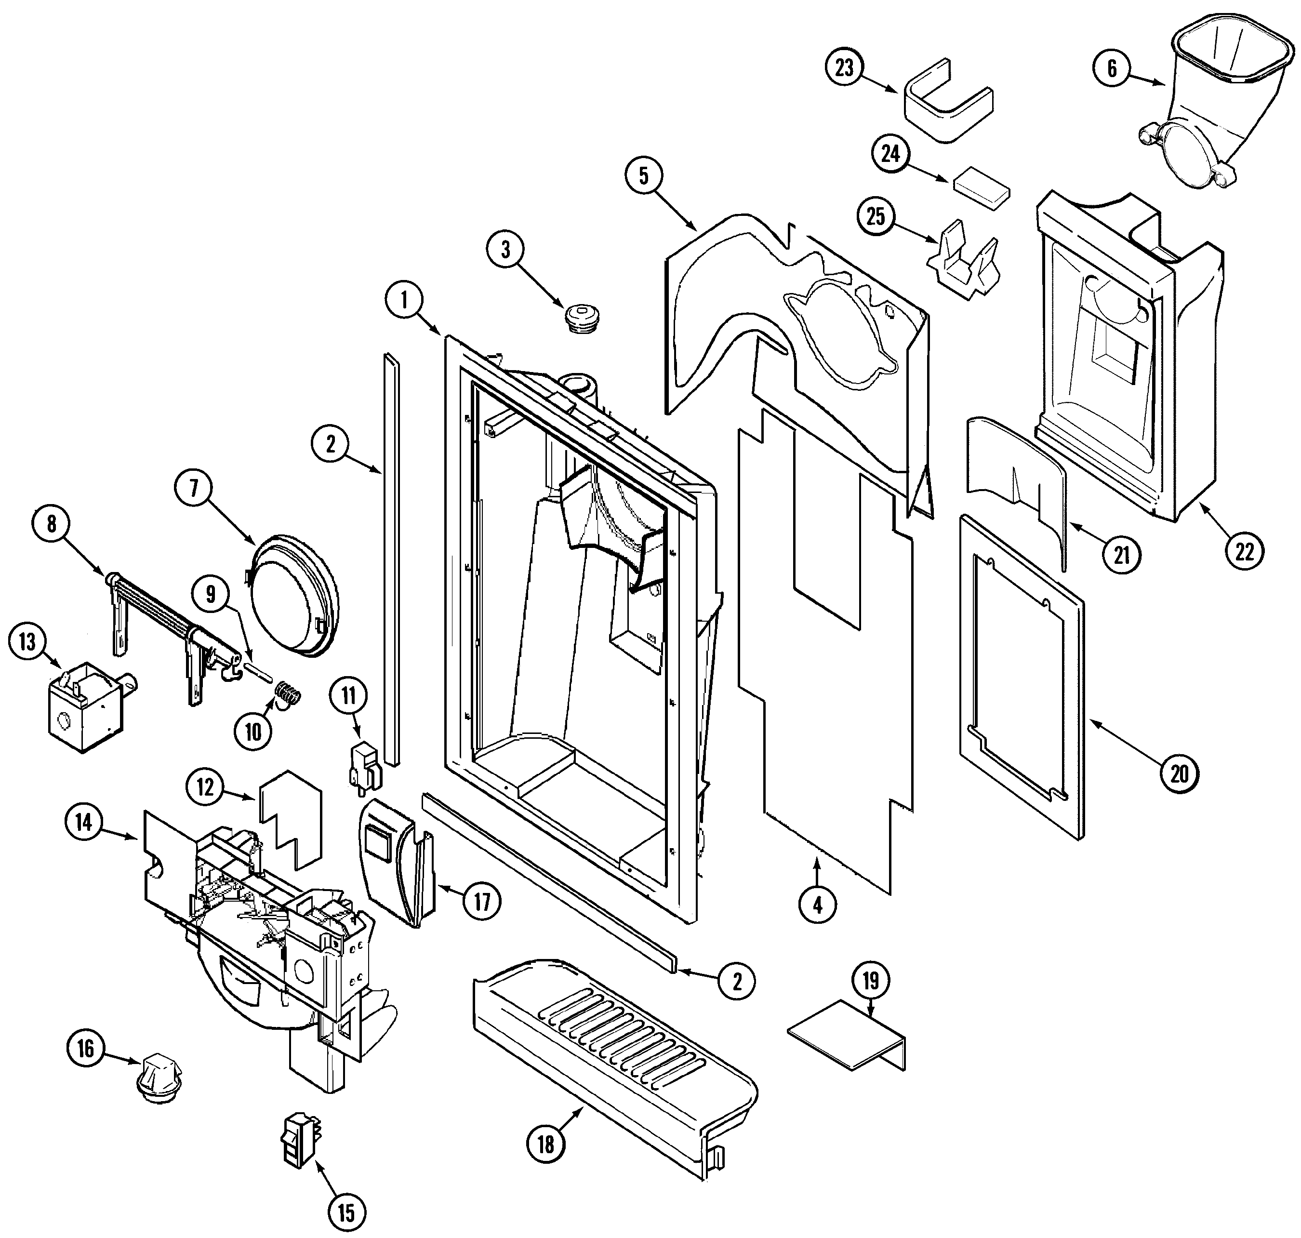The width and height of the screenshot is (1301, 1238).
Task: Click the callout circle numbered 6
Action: point(1112,68)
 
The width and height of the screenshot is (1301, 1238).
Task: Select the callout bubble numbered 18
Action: point(545,1145)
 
